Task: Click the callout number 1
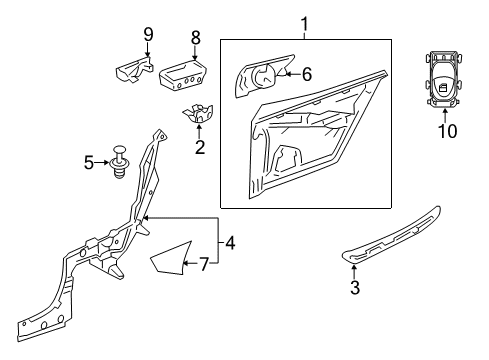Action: point(304,24)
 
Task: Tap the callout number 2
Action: point(200,147)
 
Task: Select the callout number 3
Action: point(355,287)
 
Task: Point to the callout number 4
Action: point(230,243)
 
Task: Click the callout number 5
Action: point(89,163)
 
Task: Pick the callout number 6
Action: point(307,74)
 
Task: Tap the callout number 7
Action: point(204,264)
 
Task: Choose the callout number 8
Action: point(196,37)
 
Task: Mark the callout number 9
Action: point(148,34)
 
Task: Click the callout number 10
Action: point(447,131)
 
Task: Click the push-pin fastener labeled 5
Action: point(120,162)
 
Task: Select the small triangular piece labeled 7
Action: point(171,258)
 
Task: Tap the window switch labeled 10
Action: point(443,80)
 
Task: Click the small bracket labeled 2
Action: point(198,113)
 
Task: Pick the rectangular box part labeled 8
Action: point(183,75)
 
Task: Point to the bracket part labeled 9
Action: point(134,69)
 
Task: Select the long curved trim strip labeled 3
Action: point(392,236)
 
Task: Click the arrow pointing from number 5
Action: point(101,163)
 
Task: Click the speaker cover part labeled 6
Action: point(263,76)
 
